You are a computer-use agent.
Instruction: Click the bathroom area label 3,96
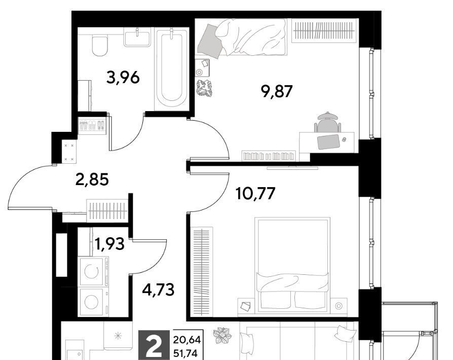coord(123,77)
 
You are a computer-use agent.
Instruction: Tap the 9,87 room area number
coord(277,91)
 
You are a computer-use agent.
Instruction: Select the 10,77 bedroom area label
coord(255,194)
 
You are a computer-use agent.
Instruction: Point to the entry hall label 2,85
coord(92,179)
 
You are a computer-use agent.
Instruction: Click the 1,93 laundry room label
coord(109,243)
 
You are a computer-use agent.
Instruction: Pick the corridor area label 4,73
coord(158,290)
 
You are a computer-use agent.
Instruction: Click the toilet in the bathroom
coord(100,46)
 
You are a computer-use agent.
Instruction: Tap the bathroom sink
coord(137,38)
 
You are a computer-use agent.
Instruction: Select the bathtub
coord(172,69)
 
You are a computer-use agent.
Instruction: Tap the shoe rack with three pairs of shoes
coord(92,126)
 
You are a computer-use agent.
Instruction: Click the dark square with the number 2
coord(154,345)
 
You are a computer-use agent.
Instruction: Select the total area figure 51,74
coord(186,353)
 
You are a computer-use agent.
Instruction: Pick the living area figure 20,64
coord(186,340)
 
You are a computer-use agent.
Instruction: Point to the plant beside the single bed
coord(204,88)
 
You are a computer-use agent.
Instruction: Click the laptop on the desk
coord(328,141)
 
